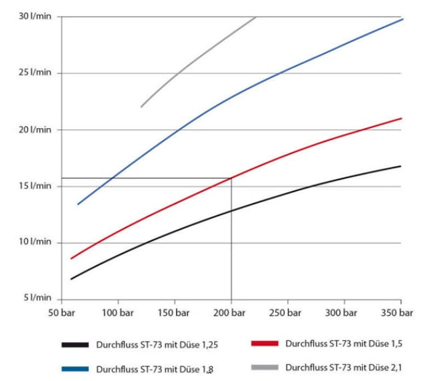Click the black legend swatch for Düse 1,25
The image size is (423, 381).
75,344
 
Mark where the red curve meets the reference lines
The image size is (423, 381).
232,177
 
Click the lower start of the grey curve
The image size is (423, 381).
141,106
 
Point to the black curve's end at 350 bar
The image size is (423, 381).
401,166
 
